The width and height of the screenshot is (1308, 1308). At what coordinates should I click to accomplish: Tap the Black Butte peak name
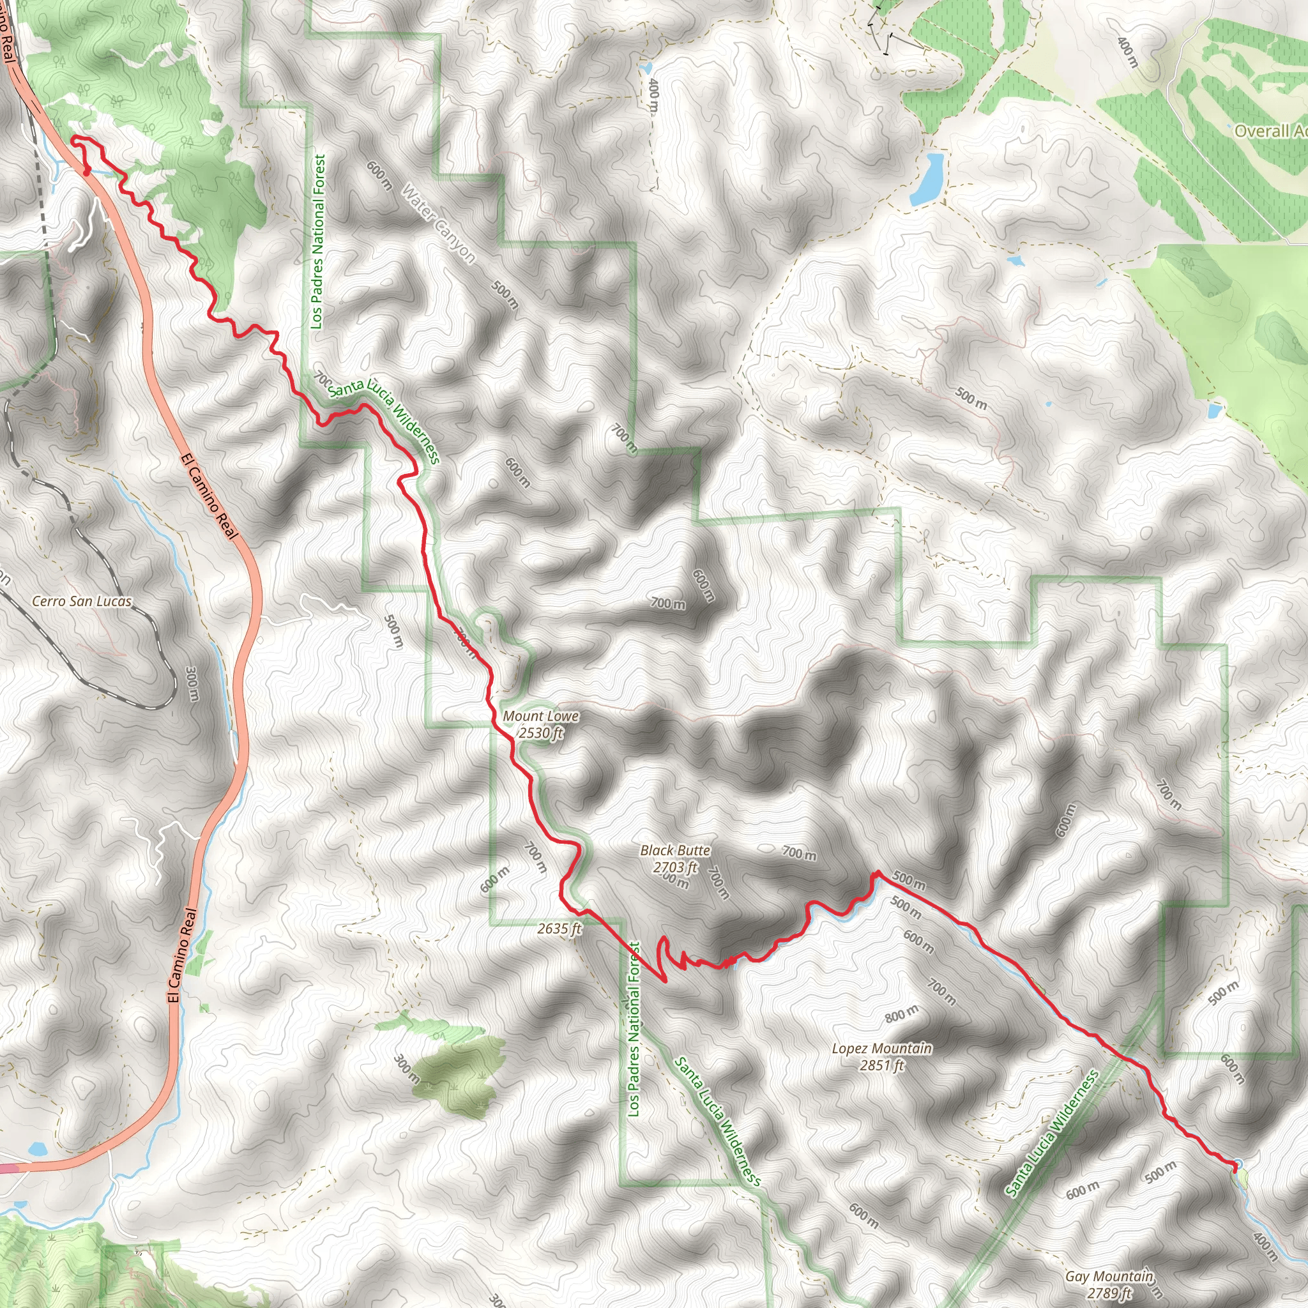pos(675,850)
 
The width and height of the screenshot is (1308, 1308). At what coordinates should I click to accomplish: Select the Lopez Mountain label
pos(881,1049)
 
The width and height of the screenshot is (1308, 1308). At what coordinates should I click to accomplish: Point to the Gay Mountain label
pos(1109,1276)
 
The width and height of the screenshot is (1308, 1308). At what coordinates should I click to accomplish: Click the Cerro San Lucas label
pos(82,601)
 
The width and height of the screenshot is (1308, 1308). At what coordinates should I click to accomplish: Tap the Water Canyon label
pos(439,224)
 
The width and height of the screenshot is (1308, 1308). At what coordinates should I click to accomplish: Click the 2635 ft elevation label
pos(559,929)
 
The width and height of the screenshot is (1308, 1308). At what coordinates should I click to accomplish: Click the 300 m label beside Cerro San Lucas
pos(192,684)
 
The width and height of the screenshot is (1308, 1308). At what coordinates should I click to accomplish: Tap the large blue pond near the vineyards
pos(927,179)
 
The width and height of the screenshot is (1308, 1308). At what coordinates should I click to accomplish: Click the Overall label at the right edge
pos(1270,131)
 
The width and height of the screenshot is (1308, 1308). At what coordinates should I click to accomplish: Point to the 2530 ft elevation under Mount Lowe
pos(541,733)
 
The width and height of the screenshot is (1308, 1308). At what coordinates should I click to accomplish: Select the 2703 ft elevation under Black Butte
pos(675,867)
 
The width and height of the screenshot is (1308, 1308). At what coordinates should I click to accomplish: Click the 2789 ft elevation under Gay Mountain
pos(1109,1293)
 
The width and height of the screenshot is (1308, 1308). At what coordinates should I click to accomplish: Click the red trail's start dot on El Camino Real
pos(87,171)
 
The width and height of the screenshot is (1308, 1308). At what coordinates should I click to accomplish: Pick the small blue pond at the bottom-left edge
pos(36,1149)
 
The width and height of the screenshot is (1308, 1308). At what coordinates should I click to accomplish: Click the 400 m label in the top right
pos(1127,52)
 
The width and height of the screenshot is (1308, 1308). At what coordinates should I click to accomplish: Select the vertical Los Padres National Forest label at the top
pos(318,241)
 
